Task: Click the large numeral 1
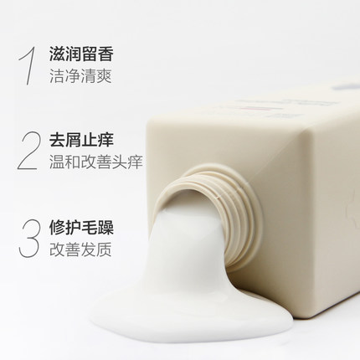click(28, 65)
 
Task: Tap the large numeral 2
click(28, 151)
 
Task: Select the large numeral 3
click(28, 238)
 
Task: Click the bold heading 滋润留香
click(81, 54)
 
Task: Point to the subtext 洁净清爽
click(80, 75)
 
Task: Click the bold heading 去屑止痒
click(81, 140)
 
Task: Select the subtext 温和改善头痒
click(96, 162)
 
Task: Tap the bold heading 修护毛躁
click(81, 227)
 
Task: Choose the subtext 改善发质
click(80, 249)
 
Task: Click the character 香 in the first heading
click(105, 54)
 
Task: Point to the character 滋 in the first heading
click(57, 54)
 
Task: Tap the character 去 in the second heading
click(57, 140)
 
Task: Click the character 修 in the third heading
click(57, 227)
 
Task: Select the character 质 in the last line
click(104, 249)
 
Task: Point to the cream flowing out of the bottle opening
click(190, 245)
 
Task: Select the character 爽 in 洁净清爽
click(104, 75)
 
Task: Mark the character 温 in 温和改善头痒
click(57, 162)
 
